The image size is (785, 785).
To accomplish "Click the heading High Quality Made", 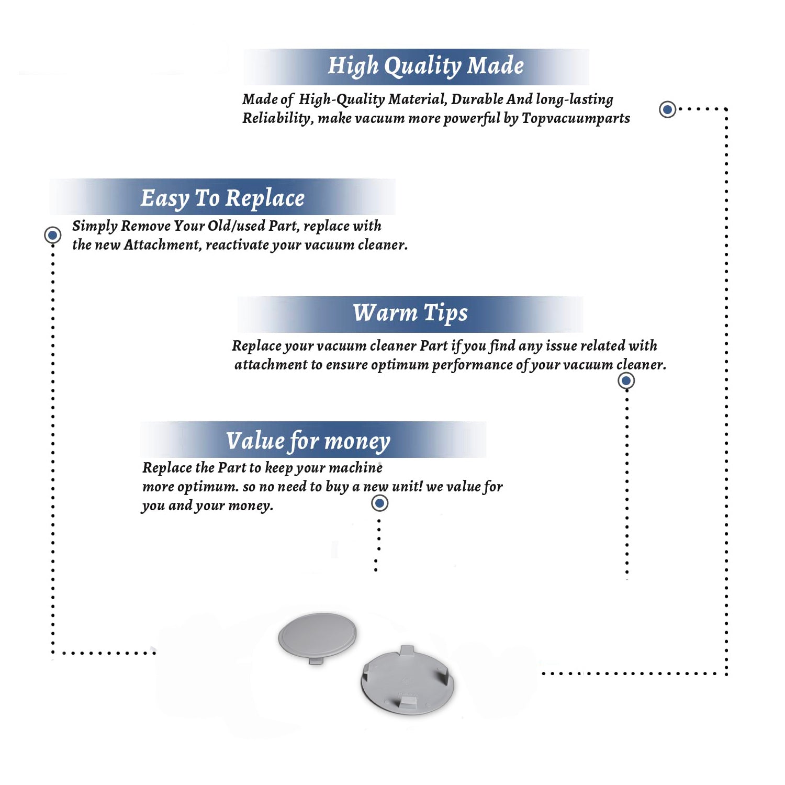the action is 425,66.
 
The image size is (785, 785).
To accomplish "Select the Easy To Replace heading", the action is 222,199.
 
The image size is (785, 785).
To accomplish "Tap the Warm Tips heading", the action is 410,313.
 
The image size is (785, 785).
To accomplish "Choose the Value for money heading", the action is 308,441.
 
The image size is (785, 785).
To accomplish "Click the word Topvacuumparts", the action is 576,118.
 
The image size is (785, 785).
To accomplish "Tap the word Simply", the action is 95,226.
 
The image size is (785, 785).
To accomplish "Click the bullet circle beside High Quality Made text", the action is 667,109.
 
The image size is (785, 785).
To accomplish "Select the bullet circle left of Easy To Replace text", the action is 52,235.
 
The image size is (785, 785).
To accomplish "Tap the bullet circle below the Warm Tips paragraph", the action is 626,380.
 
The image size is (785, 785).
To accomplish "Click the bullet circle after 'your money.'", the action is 379,503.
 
